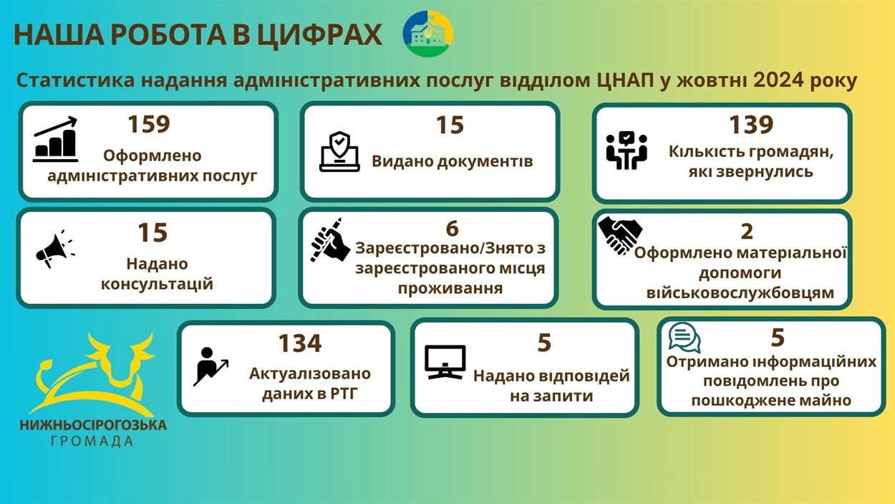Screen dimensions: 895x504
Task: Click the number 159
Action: pyautogui.click(x=149, y=124)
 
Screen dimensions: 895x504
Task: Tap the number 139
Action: pyautogui.click(x=751, y=125)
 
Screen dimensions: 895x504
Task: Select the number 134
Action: pyautogui.click(x=300, y=343)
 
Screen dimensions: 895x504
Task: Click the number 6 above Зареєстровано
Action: pyautogui.click(x=452, y=229)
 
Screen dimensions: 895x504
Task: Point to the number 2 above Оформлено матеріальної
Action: pyautogui.click(x=747, y=231)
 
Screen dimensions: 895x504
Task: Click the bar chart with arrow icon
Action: pyautogui.click(x=55, y=139)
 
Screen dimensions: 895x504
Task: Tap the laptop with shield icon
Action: pyautogui.click(x=339, y=151)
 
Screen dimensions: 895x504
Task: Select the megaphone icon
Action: pyautogui.click(x=54, y=249)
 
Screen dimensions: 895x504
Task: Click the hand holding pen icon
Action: pyautogui.click(x=330, y=239)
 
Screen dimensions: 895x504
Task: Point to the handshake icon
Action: pyautogui.click(x=620, y=235)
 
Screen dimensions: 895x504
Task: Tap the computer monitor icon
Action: pyautogui.click(x=445, y=362)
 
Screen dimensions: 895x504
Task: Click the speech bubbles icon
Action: pyautogui.click(x=684, y=338)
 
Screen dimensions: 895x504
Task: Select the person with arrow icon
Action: pyautogui.click(x=211, y=366)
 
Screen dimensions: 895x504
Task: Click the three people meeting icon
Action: pyautogui.click(x=626, y=151)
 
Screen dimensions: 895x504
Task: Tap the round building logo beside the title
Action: pyautogui.click(x=427, y=34)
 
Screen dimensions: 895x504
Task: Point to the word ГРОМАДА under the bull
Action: pyautogui.click(x=92, y=441)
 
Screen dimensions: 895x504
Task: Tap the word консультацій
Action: pyautogui.click(x=157, y=284)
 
